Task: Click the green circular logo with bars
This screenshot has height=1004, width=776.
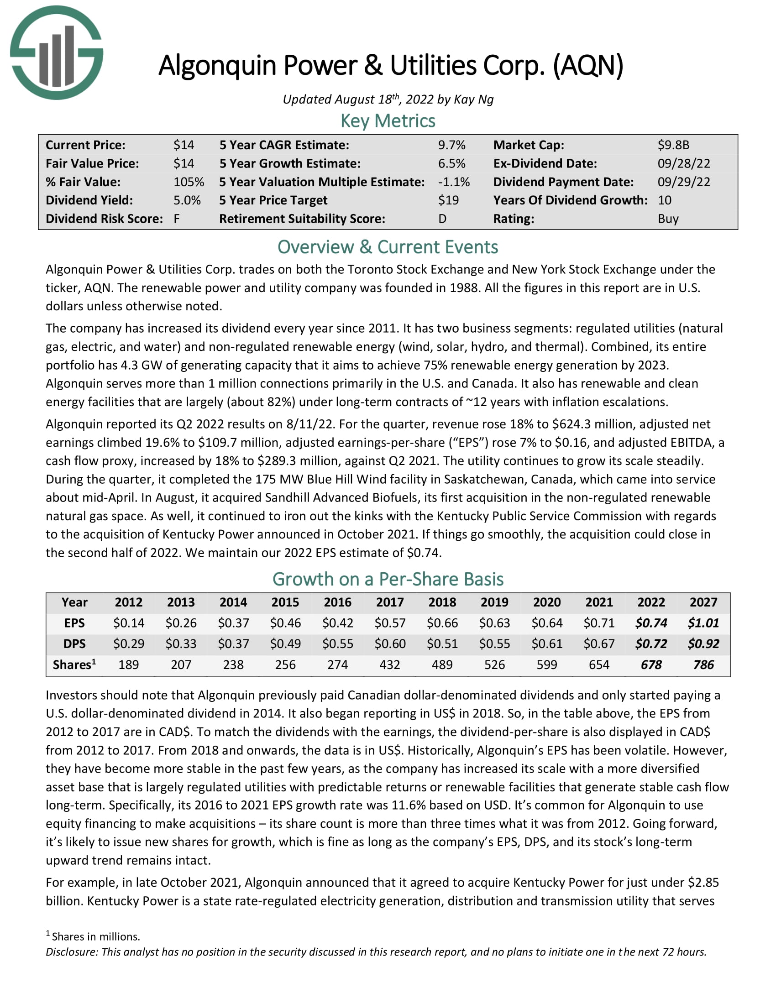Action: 57,52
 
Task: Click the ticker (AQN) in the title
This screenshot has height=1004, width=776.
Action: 588,65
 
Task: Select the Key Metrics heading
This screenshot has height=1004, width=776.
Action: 388,121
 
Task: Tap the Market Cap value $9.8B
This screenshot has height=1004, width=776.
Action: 673,145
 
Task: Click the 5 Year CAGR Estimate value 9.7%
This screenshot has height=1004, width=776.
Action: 451,145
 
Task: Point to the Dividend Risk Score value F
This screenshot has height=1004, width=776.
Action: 177,219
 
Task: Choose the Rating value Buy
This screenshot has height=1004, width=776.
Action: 667,219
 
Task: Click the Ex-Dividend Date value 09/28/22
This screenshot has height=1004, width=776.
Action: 683,164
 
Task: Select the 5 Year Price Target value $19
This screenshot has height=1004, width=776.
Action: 448,200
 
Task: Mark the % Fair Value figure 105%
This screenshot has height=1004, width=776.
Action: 189,182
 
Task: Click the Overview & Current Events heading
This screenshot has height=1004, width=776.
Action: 388,247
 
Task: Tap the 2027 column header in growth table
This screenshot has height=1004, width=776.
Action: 703,602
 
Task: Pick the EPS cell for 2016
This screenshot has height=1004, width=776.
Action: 337,623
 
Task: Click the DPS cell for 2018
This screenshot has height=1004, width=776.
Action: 442,644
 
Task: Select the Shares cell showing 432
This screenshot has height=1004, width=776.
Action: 389,665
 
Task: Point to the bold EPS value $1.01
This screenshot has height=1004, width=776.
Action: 703,623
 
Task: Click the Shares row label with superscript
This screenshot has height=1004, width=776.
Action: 74,665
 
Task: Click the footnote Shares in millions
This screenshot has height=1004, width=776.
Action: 95,936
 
